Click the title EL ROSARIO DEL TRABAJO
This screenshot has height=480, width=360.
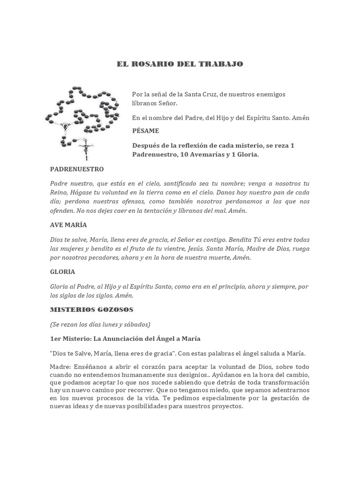click(180, 63)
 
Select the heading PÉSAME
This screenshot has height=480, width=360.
click(145, 131)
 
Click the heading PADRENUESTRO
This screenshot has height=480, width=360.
click(77, 169)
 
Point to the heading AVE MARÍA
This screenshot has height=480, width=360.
click(68, 225)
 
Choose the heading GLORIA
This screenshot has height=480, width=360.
click(62, 272)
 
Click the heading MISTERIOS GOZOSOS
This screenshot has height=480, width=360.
click(92, 309)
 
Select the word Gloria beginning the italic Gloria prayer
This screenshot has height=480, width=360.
click(60, 286)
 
